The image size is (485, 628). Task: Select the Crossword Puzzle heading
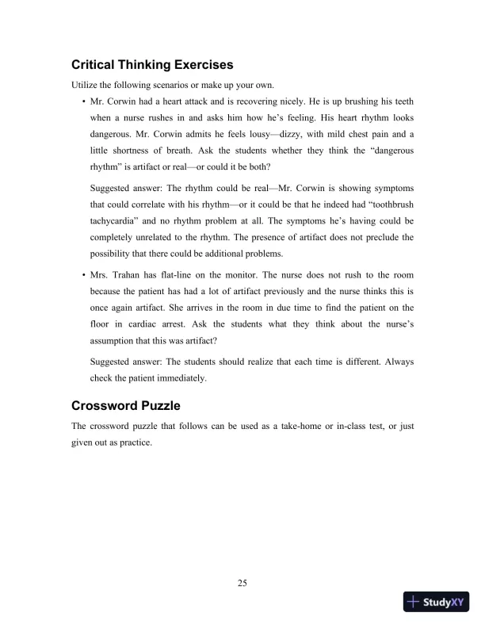tap(131, 407)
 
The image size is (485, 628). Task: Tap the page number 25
tap(242, 584)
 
